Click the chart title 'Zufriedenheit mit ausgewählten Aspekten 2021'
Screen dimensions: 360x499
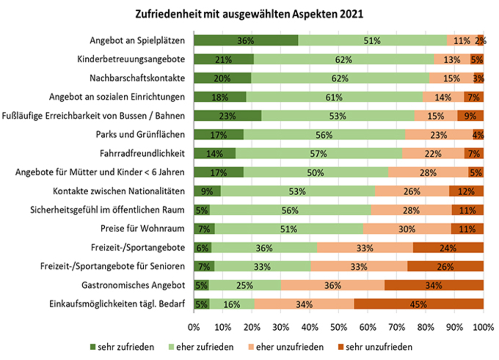(x=249, y=14)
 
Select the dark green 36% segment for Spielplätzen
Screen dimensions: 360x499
(x=246, y=40)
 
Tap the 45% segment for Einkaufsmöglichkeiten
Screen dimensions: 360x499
(x=419, y=304)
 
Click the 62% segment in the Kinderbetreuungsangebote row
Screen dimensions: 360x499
(x=343, y=59)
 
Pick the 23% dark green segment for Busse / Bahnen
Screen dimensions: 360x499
(x=227, y=116)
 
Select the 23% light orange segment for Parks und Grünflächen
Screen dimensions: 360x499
(x=439, y=135)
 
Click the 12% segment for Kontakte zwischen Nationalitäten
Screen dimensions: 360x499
(x=466, y=191)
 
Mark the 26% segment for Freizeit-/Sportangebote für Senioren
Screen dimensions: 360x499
(x=445, y=266)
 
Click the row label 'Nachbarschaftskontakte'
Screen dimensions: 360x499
(x=137, y=78)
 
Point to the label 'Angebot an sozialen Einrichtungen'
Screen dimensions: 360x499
(x=117, y=97)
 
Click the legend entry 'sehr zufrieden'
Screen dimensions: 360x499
(x=122, y=347)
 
